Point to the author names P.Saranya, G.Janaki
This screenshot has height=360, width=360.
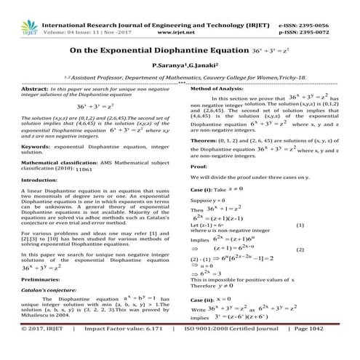click(x=180, y=66)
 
